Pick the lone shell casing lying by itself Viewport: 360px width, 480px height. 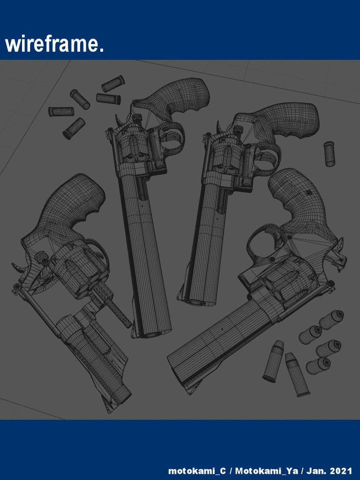coord(330,154)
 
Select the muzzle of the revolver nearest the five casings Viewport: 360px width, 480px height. coord(151,333)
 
